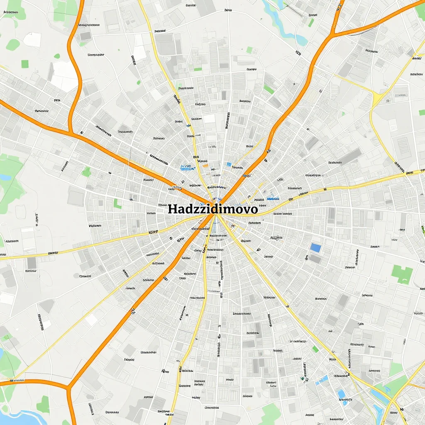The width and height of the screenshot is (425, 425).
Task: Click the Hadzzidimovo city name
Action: [212, 209]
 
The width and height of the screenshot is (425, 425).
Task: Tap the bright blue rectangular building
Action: [315, 248]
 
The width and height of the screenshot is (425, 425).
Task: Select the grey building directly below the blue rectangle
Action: [315, 259]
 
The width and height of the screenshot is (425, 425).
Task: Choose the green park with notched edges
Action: [402, 274]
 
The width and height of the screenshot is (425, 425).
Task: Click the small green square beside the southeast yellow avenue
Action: [315, 349]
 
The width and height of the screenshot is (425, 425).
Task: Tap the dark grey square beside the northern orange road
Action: [85, 36]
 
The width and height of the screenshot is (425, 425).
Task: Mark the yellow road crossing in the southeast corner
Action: [392, 401]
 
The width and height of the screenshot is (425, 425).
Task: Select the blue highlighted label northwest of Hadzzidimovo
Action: [188, 168]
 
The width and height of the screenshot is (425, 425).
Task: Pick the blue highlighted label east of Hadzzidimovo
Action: [272, 199]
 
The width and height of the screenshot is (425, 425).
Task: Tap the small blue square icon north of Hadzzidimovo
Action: [229, 164]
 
